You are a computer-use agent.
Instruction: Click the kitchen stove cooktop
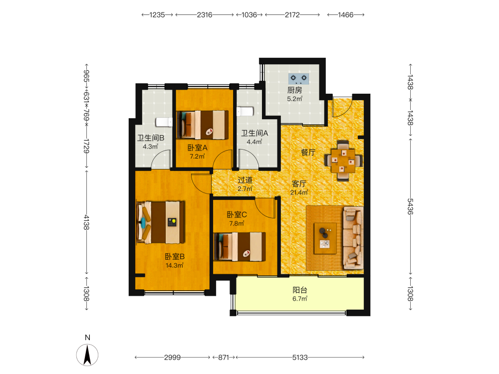[x=298, y=78]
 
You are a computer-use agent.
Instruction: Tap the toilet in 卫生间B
[x=164, y=122]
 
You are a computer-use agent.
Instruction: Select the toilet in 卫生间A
[x=245, y=112]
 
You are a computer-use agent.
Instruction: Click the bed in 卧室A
[x=203, y=125]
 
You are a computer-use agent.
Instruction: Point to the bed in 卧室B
[x=161, y=222]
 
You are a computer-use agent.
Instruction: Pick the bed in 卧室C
[x=240, y=246]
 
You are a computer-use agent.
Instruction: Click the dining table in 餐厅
[x=343, y=161]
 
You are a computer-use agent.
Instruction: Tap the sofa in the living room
[x=353, y=238]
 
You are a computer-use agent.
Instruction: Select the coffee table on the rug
[x=325, y=238]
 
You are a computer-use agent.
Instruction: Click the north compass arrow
[x=87, y=355]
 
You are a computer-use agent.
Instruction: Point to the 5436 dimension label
[x=411, y=206]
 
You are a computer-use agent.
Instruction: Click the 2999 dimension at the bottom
[x=173, y=358]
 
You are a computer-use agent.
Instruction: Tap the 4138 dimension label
[x=86, y=222]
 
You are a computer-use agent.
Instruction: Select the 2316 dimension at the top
[x=205, y=15]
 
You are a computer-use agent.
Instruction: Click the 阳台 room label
[x=300, y=290]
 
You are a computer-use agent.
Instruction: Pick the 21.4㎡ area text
[x=299, y=192]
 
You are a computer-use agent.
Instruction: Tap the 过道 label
[x=245, y=180]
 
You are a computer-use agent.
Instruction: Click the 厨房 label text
[x=295, y=90]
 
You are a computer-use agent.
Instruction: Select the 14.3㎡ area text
[x=174, y=265]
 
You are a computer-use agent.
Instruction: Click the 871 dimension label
[x=224, y=358]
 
